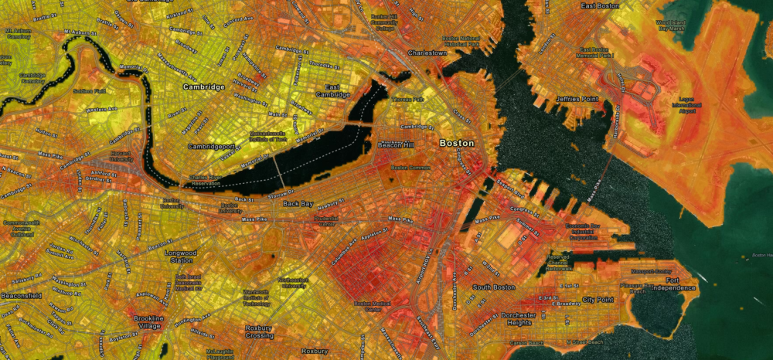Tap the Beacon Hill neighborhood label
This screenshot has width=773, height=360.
[x=397, y=144]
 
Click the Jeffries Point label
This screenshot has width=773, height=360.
[x=577, y=100]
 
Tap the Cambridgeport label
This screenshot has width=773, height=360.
[x=213, y=146]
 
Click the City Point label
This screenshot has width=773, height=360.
[x=598, y=299]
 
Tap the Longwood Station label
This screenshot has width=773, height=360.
[x=181, y=256]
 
